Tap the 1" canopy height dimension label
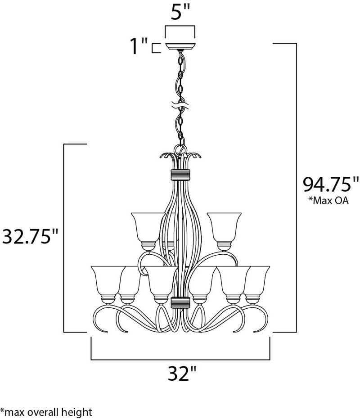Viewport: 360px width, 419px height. [139, 47]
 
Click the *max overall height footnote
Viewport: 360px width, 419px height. [46, 411]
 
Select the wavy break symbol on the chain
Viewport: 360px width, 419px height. [180, 108]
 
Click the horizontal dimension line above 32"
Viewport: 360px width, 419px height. [180, 360]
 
